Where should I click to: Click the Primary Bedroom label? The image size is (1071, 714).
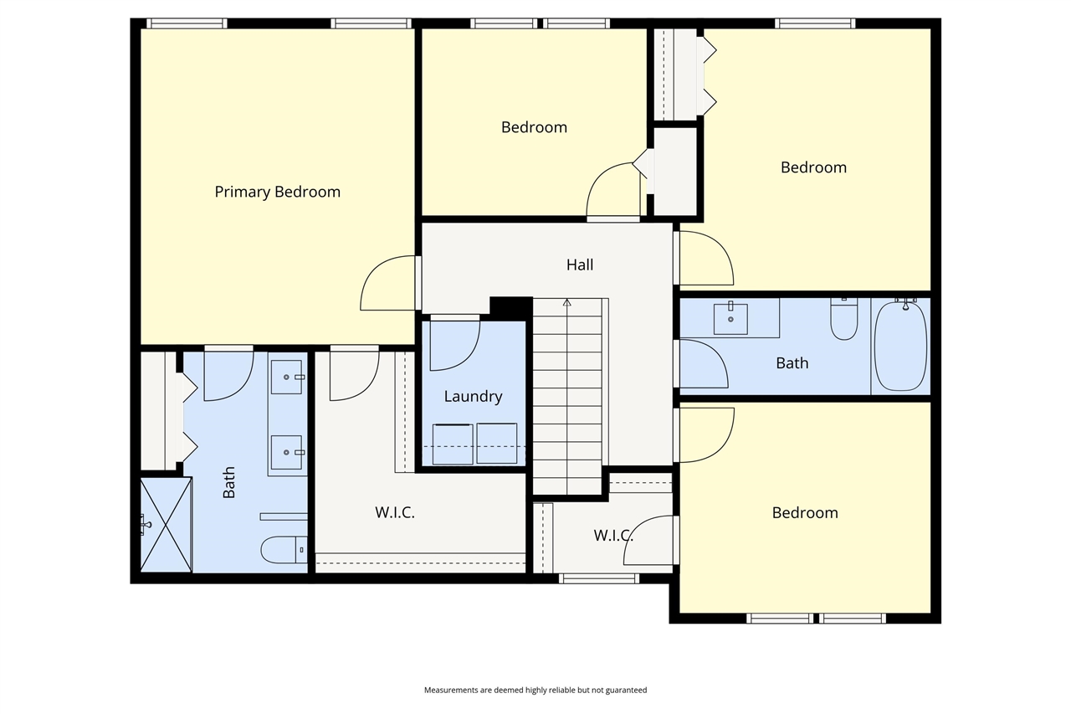pyautogui.click(x=277, y=192)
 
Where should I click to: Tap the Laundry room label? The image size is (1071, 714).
pyautogui.click(x=473, y=397)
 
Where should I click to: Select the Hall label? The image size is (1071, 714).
pyautogui.click(x=579, y=265)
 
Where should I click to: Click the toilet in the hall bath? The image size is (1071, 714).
pyautogui.click(x=843, y=319)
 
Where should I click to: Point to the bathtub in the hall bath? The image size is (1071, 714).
pyautogui.click(x=900, y=346)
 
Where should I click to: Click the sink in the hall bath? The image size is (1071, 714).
pyautogui.click(x=731, y=318)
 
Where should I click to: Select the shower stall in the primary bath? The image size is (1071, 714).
pyautogui.click(x=166, y=525)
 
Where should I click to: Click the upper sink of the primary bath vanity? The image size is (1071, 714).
pyautogui.click(x=287, y=378)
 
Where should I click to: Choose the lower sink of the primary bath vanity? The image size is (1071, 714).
pyautogui.click(x=287, y=452)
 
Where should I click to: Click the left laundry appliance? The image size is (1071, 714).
pyautogui.click(x=453, y=444)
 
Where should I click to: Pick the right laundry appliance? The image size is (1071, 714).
pyautogui.click(x=497, y=444)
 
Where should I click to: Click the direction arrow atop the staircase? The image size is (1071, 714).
pyautogui.click(x=567, y=303)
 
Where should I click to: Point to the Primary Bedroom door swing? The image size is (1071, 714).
pyautogui.click(x=388, y=284)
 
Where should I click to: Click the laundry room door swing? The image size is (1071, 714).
pyautogui.click(x=454, y=345)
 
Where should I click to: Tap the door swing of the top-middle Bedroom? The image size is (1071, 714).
pyautogui.click(x=612, y=191)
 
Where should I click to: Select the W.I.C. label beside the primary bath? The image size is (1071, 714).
pyautogui.click(x=395, y=513)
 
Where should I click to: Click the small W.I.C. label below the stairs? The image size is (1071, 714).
pyautogui.click(x=612, y=535)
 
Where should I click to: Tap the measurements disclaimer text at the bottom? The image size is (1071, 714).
pyautogui.click(x=535, y=691)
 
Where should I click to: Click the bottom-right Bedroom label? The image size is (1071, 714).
pyautogui.click(x=805, y=513)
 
